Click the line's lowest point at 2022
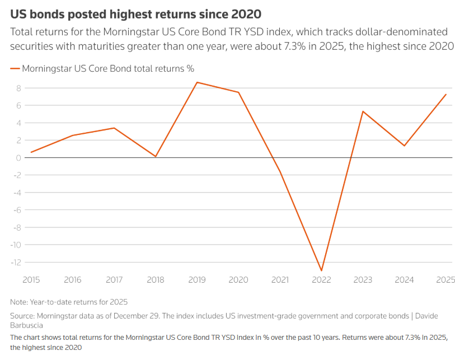point(321,271)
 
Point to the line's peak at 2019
point(197,82)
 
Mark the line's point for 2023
point(363,111)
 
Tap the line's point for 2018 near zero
point(156,157)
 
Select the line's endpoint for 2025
point(445,94)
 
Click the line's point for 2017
point(114,128)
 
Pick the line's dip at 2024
point(404,146)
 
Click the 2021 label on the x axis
point(280,279)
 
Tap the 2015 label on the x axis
point(31,279)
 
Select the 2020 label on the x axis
point(238,279)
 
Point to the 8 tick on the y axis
point(18,88)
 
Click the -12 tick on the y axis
point(16,262)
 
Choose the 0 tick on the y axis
point(18,157)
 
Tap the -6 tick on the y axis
point(17,210)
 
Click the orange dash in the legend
point(15,69)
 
